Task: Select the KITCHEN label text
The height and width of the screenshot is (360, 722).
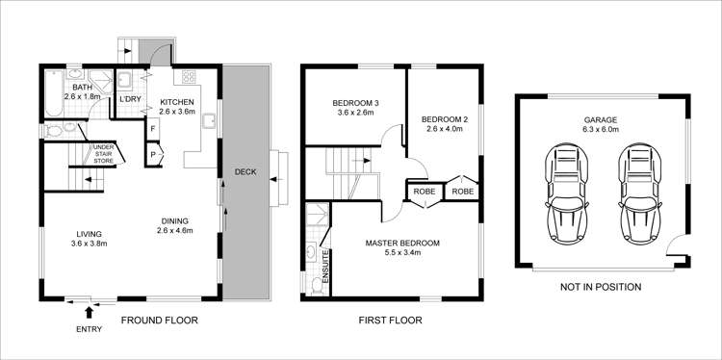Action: (177, 101)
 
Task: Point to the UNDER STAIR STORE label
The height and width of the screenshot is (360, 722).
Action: (102, 153)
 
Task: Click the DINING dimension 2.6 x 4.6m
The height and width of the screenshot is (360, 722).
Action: (176, 231)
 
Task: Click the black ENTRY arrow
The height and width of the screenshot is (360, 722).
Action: (90, 311)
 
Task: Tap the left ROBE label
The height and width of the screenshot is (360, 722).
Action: (423, 192)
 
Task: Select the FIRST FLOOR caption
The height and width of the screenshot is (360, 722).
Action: (390, 320)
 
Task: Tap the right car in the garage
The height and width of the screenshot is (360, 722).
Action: (637, 193)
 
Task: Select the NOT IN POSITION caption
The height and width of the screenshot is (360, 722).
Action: (600, 287)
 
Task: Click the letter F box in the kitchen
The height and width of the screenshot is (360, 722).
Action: (153, 128)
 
